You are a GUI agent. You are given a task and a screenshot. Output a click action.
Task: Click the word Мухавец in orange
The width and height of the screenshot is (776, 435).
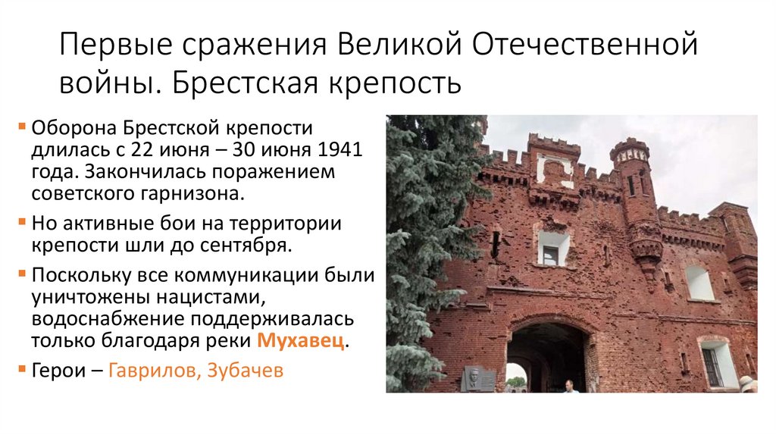point(301,340)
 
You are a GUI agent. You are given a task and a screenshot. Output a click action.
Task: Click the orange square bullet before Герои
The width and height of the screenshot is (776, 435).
point(24,371)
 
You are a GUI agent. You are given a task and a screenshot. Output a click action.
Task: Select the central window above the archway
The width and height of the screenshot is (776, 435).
point(552,249)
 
